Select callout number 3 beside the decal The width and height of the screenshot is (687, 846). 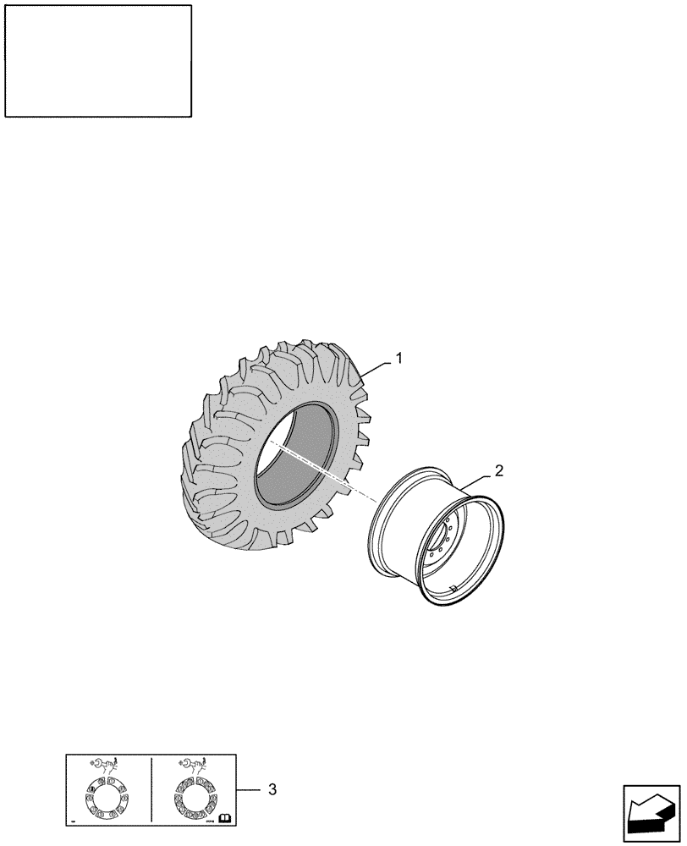pos(272,789)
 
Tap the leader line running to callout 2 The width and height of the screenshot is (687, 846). pos(478,480)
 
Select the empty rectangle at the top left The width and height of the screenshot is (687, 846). pos(98,60)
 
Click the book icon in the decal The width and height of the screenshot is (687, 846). pos(225,817)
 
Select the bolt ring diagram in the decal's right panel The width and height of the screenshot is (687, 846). pos(194,799)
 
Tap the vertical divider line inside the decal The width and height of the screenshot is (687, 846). pos(151,788)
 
